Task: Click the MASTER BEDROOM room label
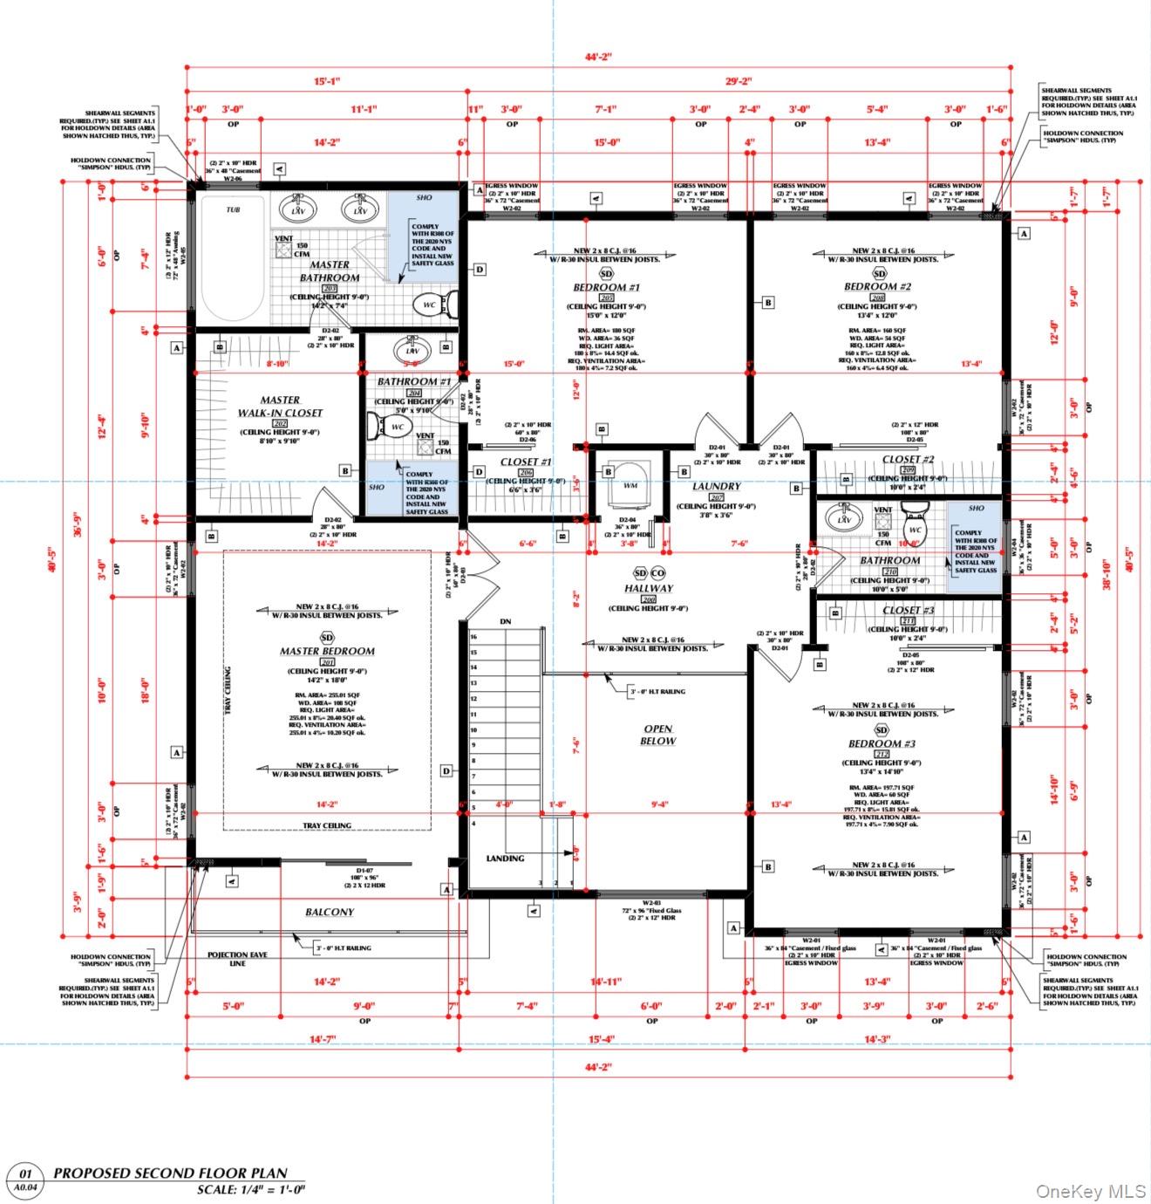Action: coord(327,651)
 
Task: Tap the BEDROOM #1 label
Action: coord(607,287)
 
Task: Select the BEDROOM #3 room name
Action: coord(882,744)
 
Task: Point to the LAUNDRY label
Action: coord(717,486)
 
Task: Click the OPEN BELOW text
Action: coord(659,735)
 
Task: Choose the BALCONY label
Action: coord(330,912)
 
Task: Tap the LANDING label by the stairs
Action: coord(505,859)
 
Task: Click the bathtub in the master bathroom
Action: coord(233,257)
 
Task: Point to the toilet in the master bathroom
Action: coord(435,304)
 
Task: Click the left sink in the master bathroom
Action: coord(298,209)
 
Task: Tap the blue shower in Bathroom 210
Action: coord(975,545)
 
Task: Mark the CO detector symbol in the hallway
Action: coord(658,573)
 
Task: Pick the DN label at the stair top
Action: coord(505,622)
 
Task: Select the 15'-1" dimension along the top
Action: coord(327,81)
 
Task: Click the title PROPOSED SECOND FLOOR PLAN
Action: coord(170,1173)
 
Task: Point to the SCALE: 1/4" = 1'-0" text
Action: coord(251,1189)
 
